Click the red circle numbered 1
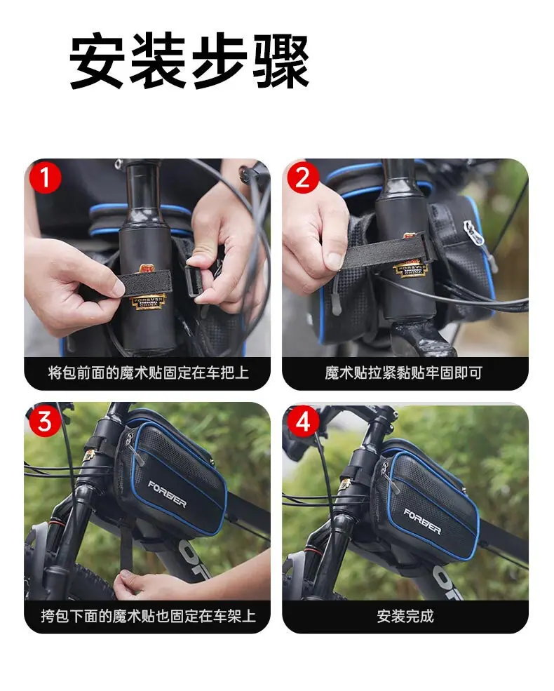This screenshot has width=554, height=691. pyautogui.click(x=45, y=177)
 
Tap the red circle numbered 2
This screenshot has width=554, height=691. pyautogui.click(x=303, y=177)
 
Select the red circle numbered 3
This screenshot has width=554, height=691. pyautogui.click(x=45, y=421)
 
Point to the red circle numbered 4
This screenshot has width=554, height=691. pyautogui.click(x=303, y=421)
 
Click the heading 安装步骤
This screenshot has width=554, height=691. pyautogui.click(x=189, y=62)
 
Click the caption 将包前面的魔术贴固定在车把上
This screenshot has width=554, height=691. pyautogui.click(x=149, y=373)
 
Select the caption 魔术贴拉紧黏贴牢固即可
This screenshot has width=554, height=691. pyautogui.click(x=404, y=373)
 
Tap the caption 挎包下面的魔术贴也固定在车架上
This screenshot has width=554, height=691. pyautogui.click(x=149, y=616)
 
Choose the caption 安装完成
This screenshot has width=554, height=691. pyautogui.click(x=405, y=616)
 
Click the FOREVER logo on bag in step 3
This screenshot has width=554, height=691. pyautogui.click(x=167, y=495)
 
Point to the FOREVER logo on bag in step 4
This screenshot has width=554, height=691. pyautogui.click(x=422, y=521)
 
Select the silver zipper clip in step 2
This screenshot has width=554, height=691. pyautogui.click(x=473, y=232)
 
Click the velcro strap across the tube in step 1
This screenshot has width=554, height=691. pyautogui.click(x=144, y=283)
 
